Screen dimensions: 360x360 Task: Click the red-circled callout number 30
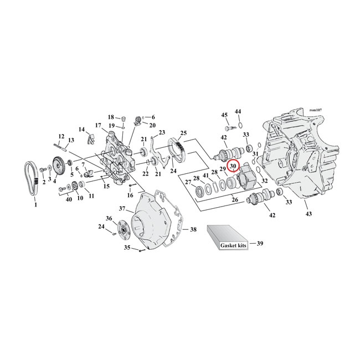[x=233, y=166]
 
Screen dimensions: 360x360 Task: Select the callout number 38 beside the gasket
[x=193, y=229]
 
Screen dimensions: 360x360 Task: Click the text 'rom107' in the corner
[x=318, y=111]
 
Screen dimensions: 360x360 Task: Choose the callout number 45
[x=224, y=115]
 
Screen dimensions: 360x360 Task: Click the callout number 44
[x=238, y=112]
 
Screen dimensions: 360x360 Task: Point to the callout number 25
[x=183, y=133]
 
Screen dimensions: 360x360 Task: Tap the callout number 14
[x=82, y=130]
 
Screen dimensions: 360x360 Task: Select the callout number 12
[x=61, y=136]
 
